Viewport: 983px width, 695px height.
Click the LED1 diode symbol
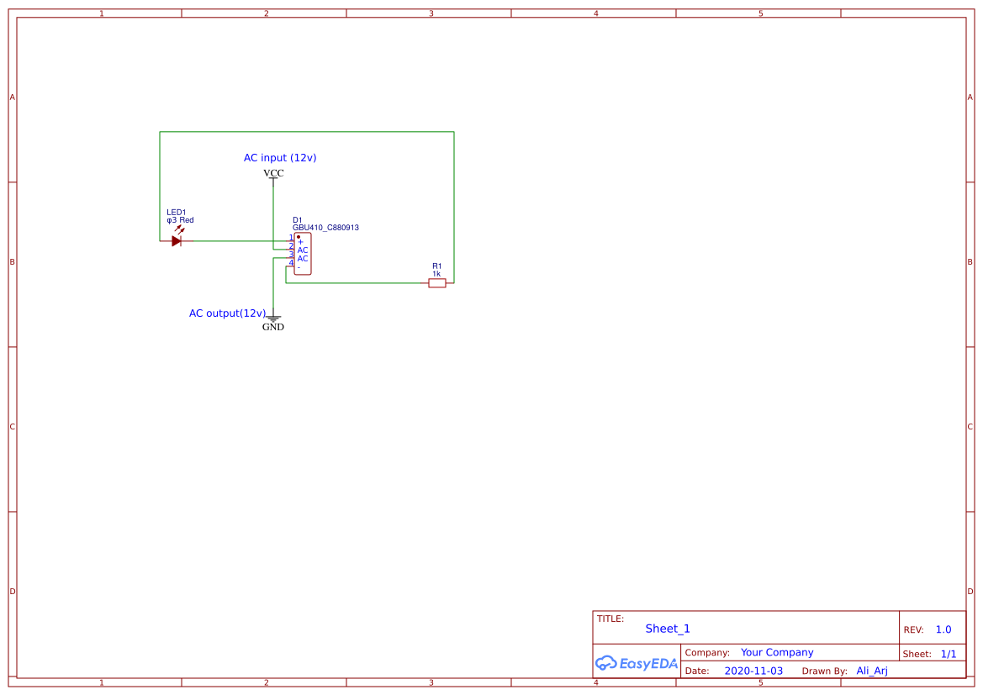tap(177, 241)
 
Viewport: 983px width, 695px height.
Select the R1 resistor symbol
tap(437, 283)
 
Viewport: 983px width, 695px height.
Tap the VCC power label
tap(273, 173)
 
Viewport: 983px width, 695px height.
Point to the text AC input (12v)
tap(280, 158)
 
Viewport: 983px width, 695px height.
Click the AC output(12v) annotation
tap(227, 313)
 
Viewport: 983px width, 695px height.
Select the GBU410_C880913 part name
tap(325, 228)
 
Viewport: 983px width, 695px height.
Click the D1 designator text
tap(297, 220)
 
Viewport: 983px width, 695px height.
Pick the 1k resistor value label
tap(436, 274)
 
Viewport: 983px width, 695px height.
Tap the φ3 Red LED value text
tap(180, 220)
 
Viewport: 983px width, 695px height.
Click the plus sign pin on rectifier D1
tap(300, 242)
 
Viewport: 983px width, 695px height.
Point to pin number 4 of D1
tap(291, 263)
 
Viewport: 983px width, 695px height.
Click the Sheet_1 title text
tap(668, 629)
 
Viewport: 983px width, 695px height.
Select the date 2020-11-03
tap(753, 671)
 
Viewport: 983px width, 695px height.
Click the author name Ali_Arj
tap(872, 671)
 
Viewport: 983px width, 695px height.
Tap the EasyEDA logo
tap(637, 663)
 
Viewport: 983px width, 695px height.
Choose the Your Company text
tap(777, 652)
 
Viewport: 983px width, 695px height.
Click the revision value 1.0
tap(943, 629)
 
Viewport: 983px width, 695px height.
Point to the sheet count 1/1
tap(948, 653)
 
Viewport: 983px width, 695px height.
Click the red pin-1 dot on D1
tap(298, 237)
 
